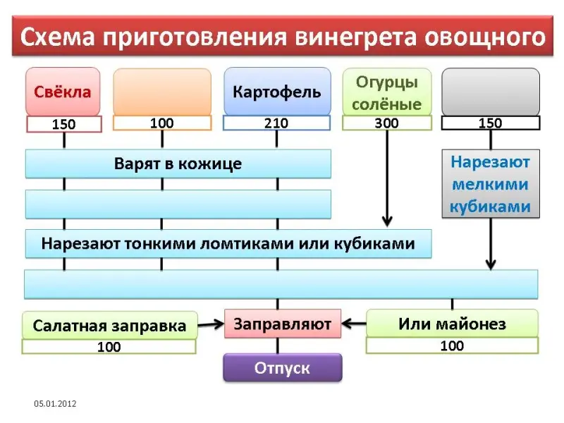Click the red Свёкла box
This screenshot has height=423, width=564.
pos(63,91)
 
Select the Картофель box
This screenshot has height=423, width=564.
pos(277,91)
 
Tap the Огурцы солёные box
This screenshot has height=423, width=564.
pos(387,92)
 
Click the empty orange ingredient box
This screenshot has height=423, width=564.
pos(162,91)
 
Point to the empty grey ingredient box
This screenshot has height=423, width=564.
pos(490,91)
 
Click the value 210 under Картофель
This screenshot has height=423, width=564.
pos(277,123)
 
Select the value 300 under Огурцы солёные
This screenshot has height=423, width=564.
pos(387,123)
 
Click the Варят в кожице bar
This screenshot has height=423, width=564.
pos(178,164)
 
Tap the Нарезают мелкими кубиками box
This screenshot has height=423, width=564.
pos(490,184)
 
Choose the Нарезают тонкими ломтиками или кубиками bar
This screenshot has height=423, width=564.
pos(228,244)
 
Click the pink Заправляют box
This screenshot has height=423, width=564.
pos(282,324)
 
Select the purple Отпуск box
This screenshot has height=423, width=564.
pos(282,367)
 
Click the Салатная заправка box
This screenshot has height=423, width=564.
pos(109,326)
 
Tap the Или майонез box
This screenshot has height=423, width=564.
pos(452,324)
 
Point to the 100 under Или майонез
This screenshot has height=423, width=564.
pos(452,345)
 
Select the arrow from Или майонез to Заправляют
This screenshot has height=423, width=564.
pos(354,324)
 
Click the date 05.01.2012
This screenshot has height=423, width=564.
pos(55,403)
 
